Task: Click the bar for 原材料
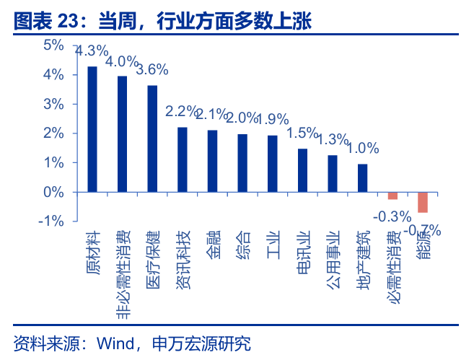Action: pyautogui.click(x=92, y=129)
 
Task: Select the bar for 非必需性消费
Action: pyautogui.click(x=123, y=134)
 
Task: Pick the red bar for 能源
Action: pyautogui.click(x=423, y=202)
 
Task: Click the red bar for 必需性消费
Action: pyautogui.click(x=392, y=196)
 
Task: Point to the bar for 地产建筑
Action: pyautogui.click(x=362, y=178)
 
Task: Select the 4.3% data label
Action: pyautogui.click(x=92, y=51)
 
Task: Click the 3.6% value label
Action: pyautogui.click(x=152, y=70)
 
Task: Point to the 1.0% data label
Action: pyautogui.click(x=363, y=149)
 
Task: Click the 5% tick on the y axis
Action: pyautogui.click(x=54, y=45)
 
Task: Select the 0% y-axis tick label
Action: pyautogui.click(x=54, y=192)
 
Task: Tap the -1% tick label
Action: pyautogui.click(x=52, y=221)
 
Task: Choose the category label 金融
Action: pyautogui.click(x=213, y=245)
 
